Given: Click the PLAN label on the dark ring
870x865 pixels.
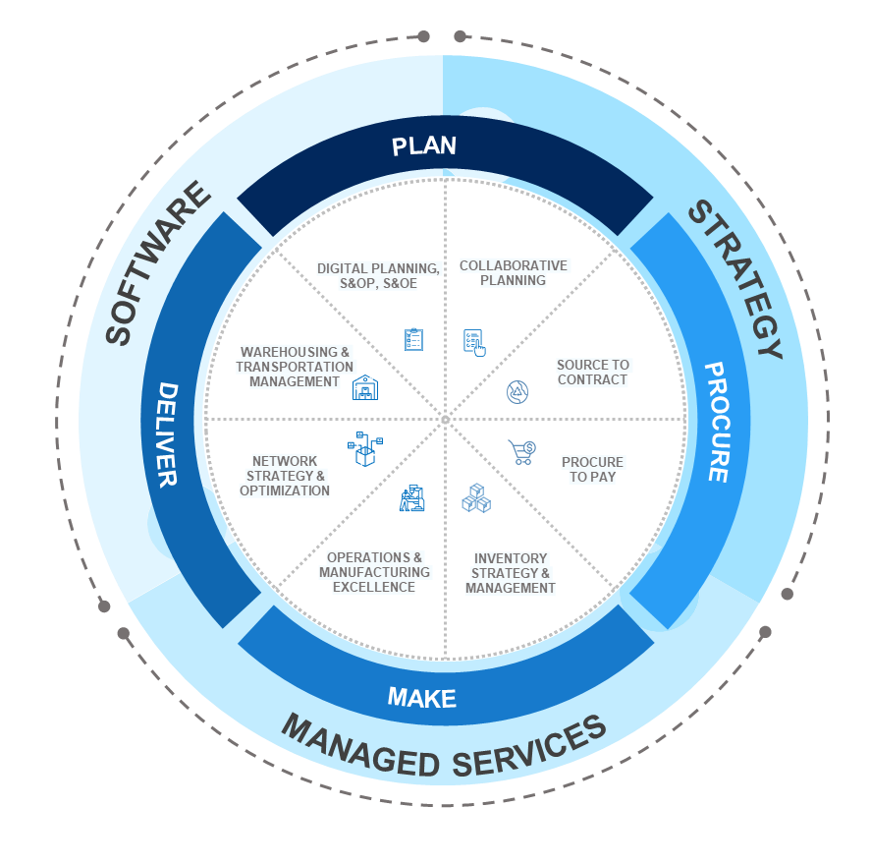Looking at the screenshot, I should pyautogui.click(x=424, y=146).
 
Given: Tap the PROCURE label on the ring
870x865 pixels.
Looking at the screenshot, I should pyautogui.click(x=716, y=422).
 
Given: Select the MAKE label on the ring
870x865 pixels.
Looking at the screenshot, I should pyautogui.click(x=422, y=698).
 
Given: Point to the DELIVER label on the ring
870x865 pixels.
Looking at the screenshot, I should pyautogui.click(x=166, y=434).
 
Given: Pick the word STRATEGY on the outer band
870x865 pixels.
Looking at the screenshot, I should pyautogui.click(x=735, y=279).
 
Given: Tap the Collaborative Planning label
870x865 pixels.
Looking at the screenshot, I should pyautogui.click(x=513, y=272).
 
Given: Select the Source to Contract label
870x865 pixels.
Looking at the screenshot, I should pyautogui.click(x=592, y=372).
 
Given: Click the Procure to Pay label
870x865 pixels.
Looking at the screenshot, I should pyautogui.click(x=592, y=469).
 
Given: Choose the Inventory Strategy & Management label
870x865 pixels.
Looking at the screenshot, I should pyautogui.click(x=511, y=573).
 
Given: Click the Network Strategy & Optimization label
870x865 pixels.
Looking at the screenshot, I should pyautogui.click(x=285, y=476).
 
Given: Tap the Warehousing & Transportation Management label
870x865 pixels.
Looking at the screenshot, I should pyautogui.click(x=295, y=367).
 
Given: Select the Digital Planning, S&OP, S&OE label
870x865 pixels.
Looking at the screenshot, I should pyautogui.click(x=378, y=274).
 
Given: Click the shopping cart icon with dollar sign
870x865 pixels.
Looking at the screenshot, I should pyautogui.click(x=521, y=452).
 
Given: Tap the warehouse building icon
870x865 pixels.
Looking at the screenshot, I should pyautogui.click(x=365, y=388).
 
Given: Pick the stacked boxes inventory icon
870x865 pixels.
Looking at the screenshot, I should pyautogui.click(x=476, y=498).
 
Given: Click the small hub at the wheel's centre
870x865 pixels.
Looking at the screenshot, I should pyautogui.click(x=445, y=421).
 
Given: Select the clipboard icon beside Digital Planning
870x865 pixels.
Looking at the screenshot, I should pyautogui.click(x=414, y=340).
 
